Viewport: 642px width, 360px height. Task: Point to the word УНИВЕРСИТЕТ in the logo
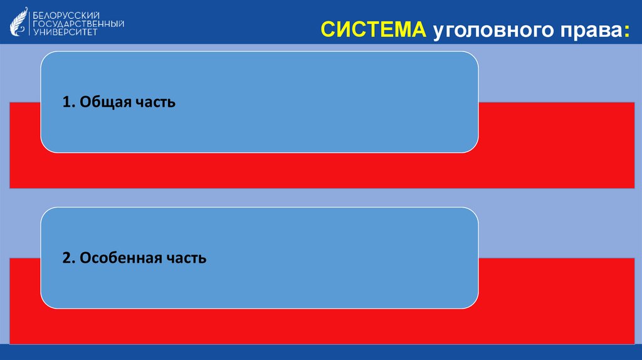tap(65, 33)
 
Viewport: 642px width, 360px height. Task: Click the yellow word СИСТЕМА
tap(374, 29)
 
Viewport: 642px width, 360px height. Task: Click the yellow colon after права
tap(626, 31)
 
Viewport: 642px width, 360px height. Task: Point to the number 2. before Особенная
tap(68, 258)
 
